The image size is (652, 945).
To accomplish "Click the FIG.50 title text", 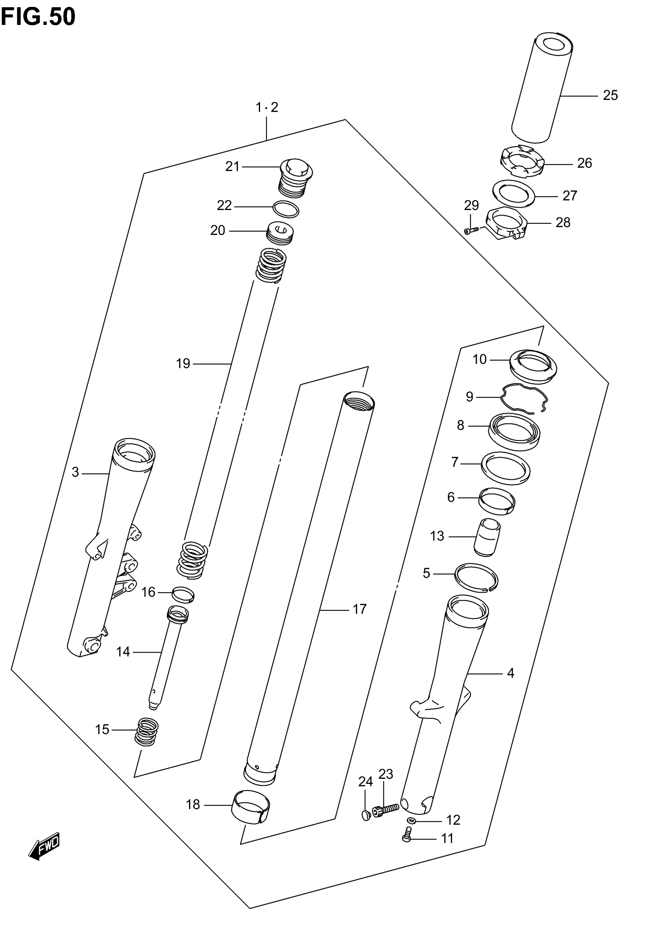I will tap(38, 17).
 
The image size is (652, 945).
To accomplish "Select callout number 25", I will tap(610, 96).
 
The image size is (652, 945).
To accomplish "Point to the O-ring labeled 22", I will tap(286, 209).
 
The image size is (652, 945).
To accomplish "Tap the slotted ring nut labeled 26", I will tap(522, 162).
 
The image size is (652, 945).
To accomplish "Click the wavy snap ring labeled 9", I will tap(525, 398).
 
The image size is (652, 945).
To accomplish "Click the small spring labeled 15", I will tap(147, 732).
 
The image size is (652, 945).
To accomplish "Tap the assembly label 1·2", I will tap(266, 107).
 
